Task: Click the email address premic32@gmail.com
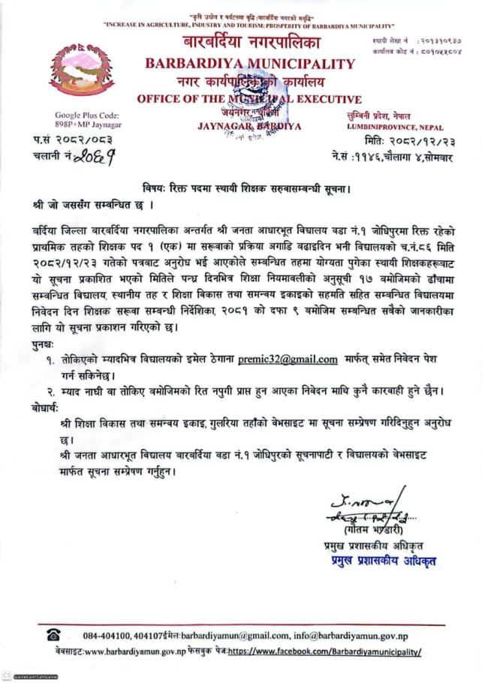[288, 360]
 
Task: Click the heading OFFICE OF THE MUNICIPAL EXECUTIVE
[249, 99]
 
